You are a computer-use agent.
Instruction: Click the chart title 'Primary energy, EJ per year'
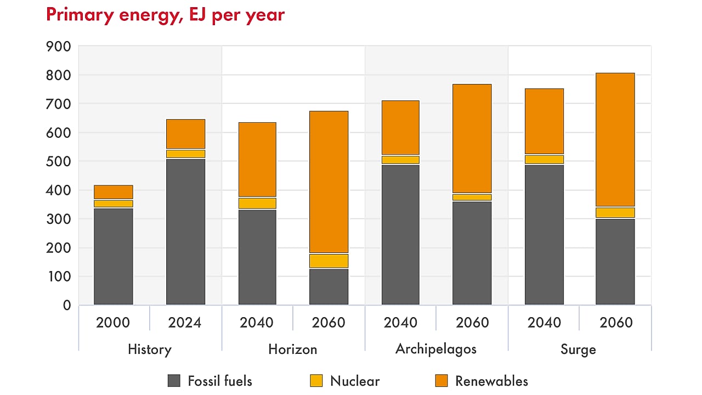point(165,15)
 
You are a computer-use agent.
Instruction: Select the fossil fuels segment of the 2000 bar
point(114,256)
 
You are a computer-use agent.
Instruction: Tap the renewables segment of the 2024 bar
point(185,134)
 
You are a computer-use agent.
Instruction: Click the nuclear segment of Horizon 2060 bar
point(329,261)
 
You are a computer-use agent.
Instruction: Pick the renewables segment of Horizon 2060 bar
point(329,182)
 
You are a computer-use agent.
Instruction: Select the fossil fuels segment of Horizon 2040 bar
point(257,257)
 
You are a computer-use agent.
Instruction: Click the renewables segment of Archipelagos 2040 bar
point(400,127)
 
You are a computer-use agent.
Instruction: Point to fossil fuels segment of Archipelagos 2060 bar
point(472,253)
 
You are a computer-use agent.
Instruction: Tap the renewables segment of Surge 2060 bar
point(615,139)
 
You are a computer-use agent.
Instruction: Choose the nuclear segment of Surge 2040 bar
point(544,160)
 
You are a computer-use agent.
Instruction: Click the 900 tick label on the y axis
point(59,47)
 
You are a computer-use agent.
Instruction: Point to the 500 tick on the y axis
point(59,162)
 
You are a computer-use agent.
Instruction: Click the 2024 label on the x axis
point(185,323)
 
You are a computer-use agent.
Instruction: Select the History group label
point(149,349)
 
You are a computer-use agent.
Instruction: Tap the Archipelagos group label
point(436,349)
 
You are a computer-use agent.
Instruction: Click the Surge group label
point(579,349)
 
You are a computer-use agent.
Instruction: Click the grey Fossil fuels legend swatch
point(174,380)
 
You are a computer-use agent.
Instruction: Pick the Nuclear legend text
point(354,381)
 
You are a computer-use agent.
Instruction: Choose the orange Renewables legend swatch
point(441,380)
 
